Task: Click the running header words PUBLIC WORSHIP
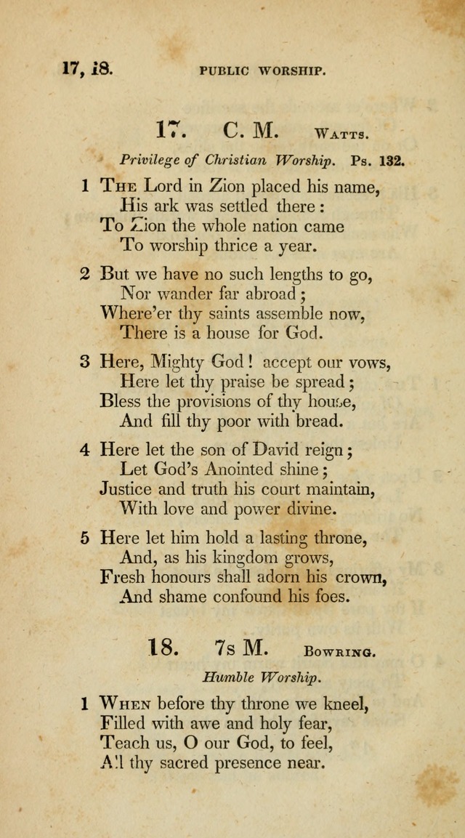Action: point(262,71)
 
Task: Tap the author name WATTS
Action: point(343,134)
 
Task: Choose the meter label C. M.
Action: point(250,131)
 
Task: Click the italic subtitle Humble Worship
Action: point(261,677)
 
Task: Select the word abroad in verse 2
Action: point(270,295)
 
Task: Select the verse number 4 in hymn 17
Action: point(84,450)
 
